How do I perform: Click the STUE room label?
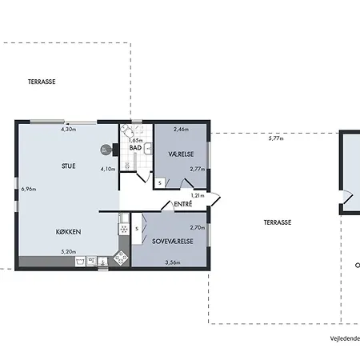(x=69, y=166)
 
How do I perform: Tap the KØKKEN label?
(x=68, y=232)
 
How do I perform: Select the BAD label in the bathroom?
(x=135, y=148)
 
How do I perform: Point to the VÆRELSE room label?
(x=181, y=154)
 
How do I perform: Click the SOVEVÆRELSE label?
(x=173, y=242)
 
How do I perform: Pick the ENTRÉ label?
(x=183, y=204)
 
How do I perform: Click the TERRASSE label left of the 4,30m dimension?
(x=42, y=82)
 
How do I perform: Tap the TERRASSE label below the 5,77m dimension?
(x=278, y=222)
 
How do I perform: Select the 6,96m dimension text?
(x=29, y=189)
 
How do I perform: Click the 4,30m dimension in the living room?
(x=69, y=130)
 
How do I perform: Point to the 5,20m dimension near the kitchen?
(x=69, y=251)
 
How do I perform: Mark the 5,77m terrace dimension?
(x=276, y=138)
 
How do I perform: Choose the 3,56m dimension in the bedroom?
(x=173, y=262)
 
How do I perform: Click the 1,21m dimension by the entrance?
(x=198, y=195)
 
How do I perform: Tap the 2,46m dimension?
(x=181, y=130)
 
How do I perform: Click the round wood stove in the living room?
(x=106, y=150)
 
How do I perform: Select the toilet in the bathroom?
(x=127, y=130)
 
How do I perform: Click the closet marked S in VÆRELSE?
(x=160, y=183)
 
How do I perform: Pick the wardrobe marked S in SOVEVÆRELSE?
(x=137, y=229)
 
